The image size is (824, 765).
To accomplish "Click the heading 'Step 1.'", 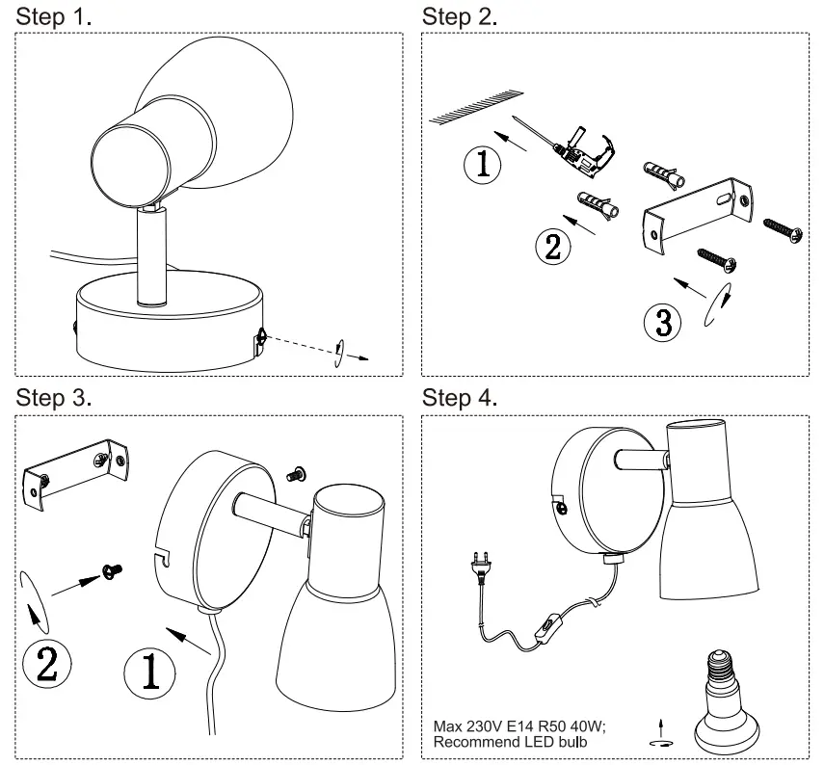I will pyautogui.click(x=56, y=16).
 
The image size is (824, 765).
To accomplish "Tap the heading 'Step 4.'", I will pyautogui.click(x=460, y=398).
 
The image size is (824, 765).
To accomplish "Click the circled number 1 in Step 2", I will pyautogui.click(x=483, y=165).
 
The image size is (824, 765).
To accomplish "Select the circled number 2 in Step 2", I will pyautogui.click(x=552, y=246).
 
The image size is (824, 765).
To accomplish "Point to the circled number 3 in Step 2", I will pyautogui.click(x=662, y=322).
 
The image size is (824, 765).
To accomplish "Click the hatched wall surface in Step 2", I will pyautogui.click(x=477, y=107).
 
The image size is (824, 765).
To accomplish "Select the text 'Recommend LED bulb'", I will pyautogui.click(x=510, y=742).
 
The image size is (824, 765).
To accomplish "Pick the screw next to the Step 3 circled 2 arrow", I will pyautogui.click(x=113, y=572).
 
